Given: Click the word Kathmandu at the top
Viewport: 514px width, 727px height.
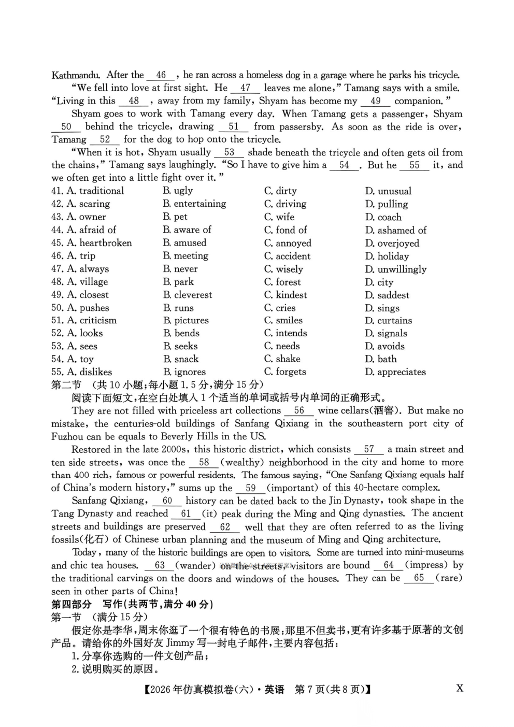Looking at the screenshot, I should coord(76,75).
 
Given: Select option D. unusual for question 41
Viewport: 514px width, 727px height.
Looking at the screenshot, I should coord(388,191).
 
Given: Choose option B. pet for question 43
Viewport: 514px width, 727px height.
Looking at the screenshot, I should coord(175,217).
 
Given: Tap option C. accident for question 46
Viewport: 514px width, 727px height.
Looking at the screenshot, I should coord(288,256).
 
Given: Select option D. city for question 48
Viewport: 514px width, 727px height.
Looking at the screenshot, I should coord(379,282).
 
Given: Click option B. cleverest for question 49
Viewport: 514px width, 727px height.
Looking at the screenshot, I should coord(188,295).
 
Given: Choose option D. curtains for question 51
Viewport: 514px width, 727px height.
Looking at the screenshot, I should coord(389,320).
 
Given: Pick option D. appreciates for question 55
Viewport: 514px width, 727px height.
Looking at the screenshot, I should coord(395,372).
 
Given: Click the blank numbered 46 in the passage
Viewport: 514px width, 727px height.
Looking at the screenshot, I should coord(161,75).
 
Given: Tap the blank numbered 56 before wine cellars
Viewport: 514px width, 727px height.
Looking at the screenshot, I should coord(299,410).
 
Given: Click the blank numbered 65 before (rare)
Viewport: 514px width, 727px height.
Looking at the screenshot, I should coord(419,578).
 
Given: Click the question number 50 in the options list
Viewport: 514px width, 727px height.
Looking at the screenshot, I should coord(57,308).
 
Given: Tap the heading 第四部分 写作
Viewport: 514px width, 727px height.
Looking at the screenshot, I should coord(132,604).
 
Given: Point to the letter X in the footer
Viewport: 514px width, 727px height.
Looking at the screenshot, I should coord(460,689).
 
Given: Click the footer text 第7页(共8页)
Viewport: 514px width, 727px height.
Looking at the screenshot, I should coord(332,690).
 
